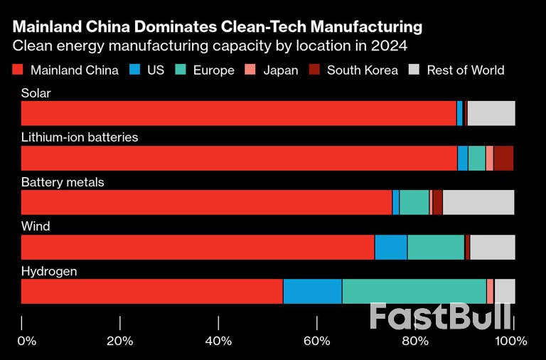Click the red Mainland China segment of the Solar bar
[239, 113]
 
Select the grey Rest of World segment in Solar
[491, 113]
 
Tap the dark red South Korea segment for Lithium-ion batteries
[503, 158]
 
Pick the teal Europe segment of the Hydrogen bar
[414, 292]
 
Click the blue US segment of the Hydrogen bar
[312, 292]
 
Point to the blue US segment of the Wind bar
[390, 247]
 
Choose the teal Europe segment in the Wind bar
[436, 247]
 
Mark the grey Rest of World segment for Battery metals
[478, 202]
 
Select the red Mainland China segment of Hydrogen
[152, 292]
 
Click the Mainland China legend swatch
[18, 70]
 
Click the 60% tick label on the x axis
[317, 341]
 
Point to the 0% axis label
[26, 341]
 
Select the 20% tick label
[120, 341]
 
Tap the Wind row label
[36, 226]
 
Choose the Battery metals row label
[63, 182]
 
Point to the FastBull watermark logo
[441, 317]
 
